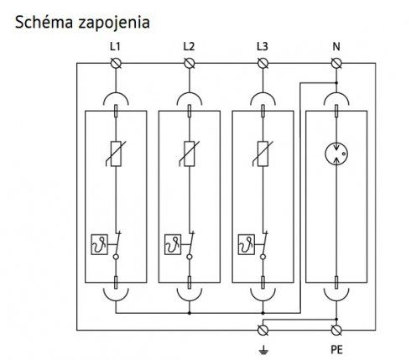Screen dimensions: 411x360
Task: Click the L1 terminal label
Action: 115,46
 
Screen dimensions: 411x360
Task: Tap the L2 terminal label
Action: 189,46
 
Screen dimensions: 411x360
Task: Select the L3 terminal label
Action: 263,46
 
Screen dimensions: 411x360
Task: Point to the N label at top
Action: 336,46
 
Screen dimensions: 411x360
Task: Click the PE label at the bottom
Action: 336,350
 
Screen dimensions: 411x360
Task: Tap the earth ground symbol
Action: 263,349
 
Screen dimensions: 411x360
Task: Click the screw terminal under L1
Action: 116,64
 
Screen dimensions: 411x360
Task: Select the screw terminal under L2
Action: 190,64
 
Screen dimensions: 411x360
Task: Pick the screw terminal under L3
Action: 263,64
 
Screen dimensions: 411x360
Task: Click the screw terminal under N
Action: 336,64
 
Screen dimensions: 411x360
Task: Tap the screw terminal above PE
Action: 336,330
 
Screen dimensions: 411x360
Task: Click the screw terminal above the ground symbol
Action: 263,330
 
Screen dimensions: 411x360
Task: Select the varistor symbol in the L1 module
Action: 116,154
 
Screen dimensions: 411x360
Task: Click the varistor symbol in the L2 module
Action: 190,154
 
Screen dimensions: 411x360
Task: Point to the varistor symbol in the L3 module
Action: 263,154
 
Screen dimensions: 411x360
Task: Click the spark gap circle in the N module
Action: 336,154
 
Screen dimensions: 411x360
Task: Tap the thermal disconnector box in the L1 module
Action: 99,244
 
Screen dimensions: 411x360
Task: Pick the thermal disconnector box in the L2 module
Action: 173,244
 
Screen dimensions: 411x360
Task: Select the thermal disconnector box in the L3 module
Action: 247,244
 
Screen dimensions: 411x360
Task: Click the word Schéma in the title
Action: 44,22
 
